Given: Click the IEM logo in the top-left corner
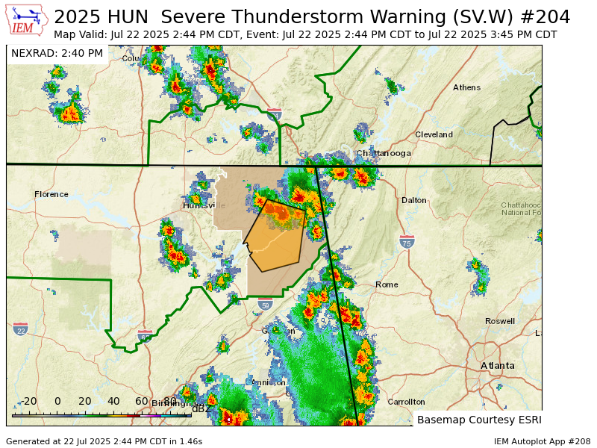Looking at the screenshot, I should pyautogui.click(x=28, y=20).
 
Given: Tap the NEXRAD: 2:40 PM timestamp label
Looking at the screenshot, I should pyautogui.click(x=57, y=53).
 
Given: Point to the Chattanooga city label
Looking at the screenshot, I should pyautogui.click(x=384, y=153).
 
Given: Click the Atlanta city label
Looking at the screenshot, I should pyautogui.click(x=497, y=365).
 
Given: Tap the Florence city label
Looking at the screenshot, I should pyautogui.click(x=51, y=194).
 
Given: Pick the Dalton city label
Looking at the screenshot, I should pyautogui.click(x=414, y=200).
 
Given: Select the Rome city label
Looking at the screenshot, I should pyautogui.click(x=387, y=284).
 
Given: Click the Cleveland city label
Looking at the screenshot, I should pyautogui.click(x=434, y=134).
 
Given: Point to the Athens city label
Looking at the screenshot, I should pyautogui.click(x=466, y=87).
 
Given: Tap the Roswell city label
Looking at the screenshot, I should pyautogui.click(x=499, y=321).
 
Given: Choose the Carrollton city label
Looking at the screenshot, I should pyautogui.click(x=406, y=402).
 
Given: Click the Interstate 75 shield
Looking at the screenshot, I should pyautogui.click(x=407, y=243).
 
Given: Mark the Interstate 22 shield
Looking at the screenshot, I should pyautogui.click(x=20, y=329).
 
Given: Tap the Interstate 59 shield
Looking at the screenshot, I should pyautogui.click(x=265, y=305).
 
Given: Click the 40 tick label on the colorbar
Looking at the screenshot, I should pyautogui.click(x=113, y=401).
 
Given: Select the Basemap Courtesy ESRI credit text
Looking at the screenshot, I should pyautogui.click(x=478, y=420).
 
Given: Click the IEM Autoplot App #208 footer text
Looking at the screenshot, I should pyautogui.click(x=542, y=441).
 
